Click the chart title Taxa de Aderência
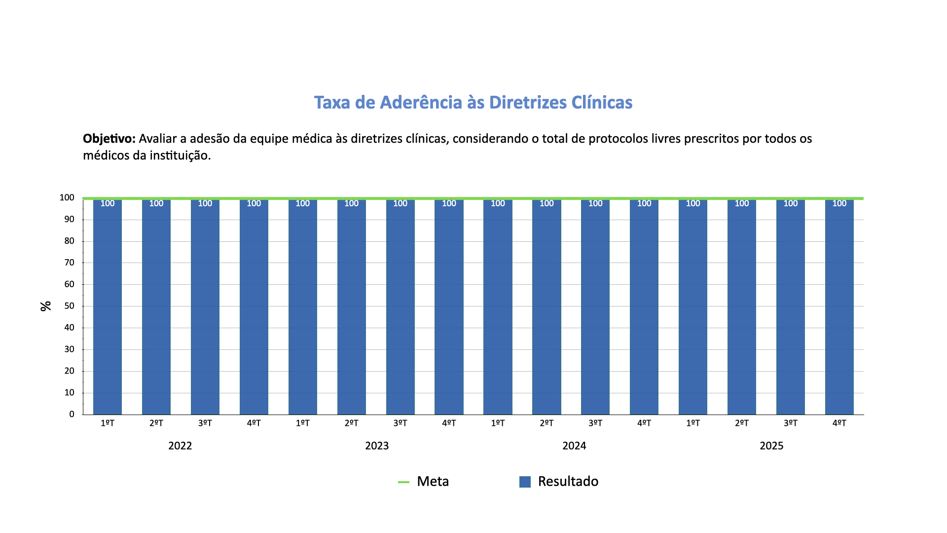[473, 102]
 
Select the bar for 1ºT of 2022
[108, 306]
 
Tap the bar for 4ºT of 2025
[839, 306]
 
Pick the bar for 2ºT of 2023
[351, 306]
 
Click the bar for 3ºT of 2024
[595, 306]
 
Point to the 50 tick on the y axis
[70, 306]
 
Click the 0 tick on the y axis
[72, 414]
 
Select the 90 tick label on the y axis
[70, 219]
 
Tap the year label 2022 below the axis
[180, 446]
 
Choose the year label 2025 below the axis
[771, 446]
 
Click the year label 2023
[377, 446]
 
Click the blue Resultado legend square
[525, 482]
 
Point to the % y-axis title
[46, 306]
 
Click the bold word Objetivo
[109, 139]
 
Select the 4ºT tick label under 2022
[254, 423]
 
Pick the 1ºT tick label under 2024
[498, 423]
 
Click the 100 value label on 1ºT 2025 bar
[692, 203]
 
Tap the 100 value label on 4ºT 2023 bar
[449, 203]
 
